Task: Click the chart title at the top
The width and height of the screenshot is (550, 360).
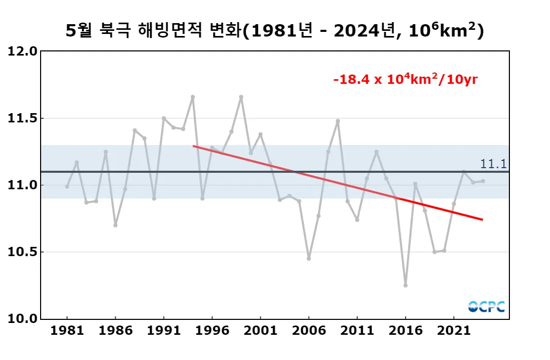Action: [275, 31]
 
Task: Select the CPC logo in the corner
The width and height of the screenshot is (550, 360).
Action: [486, 307]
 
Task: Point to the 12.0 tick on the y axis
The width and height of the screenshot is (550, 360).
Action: [23, 51]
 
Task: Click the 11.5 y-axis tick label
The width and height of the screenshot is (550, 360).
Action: [23, 118]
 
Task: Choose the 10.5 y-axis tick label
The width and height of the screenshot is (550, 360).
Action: [23, 252]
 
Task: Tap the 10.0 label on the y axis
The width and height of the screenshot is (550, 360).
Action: [23, 319]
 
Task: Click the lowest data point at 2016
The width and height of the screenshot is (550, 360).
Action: [406, 285]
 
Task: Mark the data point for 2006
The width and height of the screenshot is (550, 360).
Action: [309, 259]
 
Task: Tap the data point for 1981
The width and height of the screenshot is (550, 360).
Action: [67, 186]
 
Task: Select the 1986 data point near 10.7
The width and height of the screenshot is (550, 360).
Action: [115, 225]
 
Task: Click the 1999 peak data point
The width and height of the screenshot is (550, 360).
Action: [241, 97]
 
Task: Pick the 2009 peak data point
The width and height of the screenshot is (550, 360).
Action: [338, 121]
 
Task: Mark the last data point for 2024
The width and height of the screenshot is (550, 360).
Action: [483, 181]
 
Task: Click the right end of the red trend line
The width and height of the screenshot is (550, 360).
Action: [482, 220]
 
